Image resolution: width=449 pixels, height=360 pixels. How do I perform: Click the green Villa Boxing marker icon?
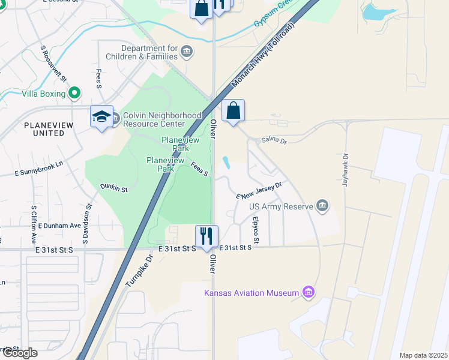pyautogui.click(x=74, y=93)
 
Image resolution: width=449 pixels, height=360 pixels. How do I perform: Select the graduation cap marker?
pyautogui.click(x=101, y=116)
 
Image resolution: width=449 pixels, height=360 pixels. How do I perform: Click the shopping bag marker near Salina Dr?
pyautogui.click(x=233, y=111)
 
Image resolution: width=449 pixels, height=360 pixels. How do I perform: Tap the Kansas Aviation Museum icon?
pyautogui.click(x=309, y=293)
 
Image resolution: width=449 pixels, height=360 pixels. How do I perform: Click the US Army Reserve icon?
pyautogui.click(x=323, y=206)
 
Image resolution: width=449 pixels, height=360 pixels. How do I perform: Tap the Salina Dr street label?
pyautogui.click(x=275, y=140)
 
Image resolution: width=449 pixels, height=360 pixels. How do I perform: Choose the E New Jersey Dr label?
pyautogui.click(x=259, y=191)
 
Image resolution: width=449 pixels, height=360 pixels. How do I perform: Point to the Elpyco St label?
pyautogui.click(x=256, y=230)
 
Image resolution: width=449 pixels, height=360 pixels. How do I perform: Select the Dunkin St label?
pyautogui.click(x=114, y=188)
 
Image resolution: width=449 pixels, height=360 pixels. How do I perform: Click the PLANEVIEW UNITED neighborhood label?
pyautogui.click(x=44, y=128)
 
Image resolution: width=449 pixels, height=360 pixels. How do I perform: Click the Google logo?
pyautogui.click(x=19, y=353)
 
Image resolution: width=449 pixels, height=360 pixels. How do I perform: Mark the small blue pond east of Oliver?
pyautogui.click(x=226, y=163)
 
